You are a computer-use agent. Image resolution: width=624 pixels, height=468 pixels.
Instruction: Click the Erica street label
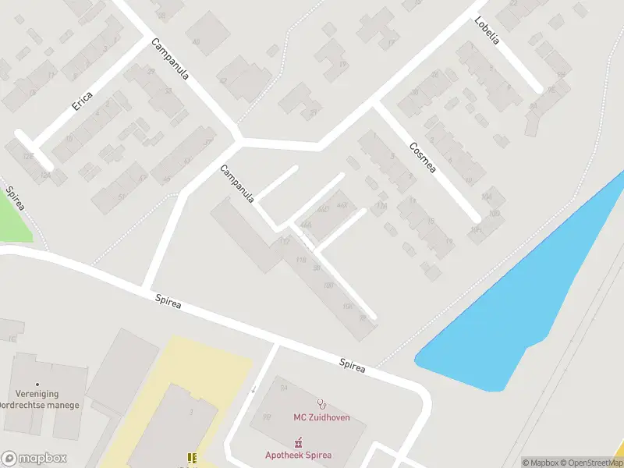[82, 101]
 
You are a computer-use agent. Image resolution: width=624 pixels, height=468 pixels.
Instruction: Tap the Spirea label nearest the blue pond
[353, 363]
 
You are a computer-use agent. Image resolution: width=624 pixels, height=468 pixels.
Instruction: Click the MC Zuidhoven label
[321, 417]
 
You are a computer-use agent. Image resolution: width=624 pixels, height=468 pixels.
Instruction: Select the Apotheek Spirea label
[298, 455]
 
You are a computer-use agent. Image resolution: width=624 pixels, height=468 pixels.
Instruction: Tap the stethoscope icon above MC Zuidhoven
[321, 403]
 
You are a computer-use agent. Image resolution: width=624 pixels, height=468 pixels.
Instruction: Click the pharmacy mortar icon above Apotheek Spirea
[297, 442]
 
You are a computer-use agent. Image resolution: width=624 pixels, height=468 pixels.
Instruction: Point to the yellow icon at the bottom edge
[191, 459]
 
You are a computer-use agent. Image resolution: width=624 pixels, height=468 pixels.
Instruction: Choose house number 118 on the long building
[300, 260]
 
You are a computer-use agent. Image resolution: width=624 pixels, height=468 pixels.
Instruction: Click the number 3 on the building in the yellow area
[190, 412]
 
